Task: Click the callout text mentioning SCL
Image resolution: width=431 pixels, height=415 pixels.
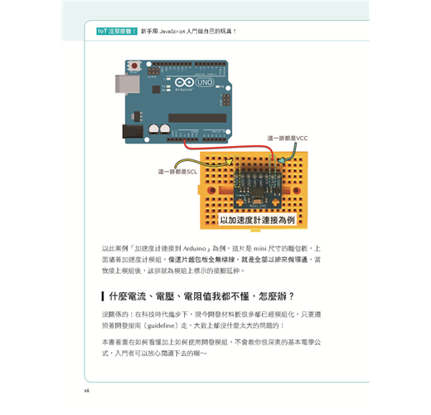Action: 177,172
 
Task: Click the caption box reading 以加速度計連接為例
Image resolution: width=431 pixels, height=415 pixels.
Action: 257,220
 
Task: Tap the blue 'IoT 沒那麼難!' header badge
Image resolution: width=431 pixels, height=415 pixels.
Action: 116,31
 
